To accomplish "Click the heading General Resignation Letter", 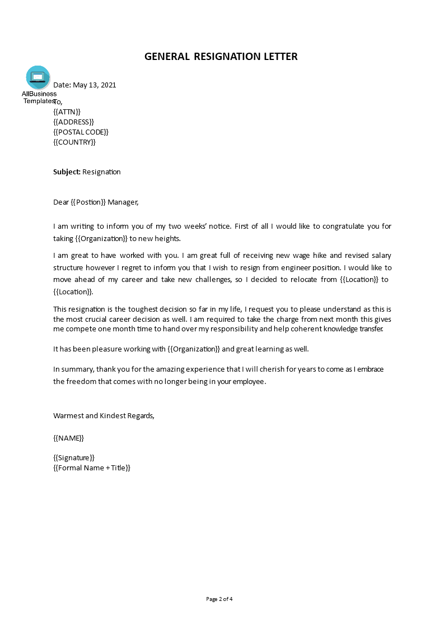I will tap(221, 57).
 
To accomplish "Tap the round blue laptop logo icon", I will tap(38, 77).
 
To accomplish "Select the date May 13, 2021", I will tap(95, 85).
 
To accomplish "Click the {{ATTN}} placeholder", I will tap(67, 112).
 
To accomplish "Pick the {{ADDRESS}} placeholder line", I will tap(73, 122).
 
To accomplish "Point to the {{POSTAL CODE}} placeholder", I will tap(81, 132).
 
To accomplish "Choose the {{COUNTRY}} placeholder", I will tap(74, 142).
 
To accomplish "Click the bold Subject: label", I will tap(67, 172).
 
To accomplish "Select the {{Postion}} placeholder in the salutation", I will tap(88, 202).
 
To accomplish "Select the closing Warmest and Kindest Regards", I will tap(104, 416).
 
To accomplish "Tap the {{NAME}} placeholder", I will tap(68, 438).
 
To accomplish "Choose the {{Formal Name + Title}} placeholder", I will tap(92, 468).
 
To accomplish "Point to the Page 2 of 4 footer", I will tap(219, 599).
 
